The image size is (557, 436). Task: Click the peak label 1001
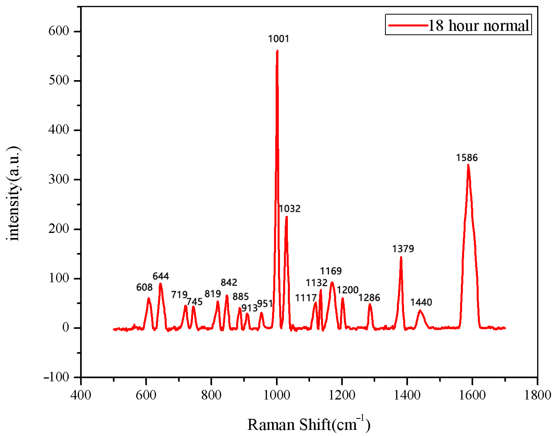[278, 39]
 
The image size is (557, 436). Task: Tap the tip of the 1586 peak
[468, 165]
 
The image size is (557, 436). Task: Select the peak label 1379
[403, 249]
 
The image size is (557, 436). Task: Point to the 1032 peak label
[290, 209]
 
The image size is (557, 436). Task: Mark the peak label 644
[161, 276]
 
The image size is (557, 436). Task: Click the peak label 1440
[421, 302]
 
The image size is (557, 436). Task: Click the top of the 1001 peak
[277, 51]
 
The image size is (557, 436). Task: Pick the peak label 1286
[369, 298]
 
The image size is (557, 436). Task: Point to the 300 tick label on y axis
[59, 179]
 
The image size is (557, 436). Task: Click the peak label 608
[144, 287]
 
